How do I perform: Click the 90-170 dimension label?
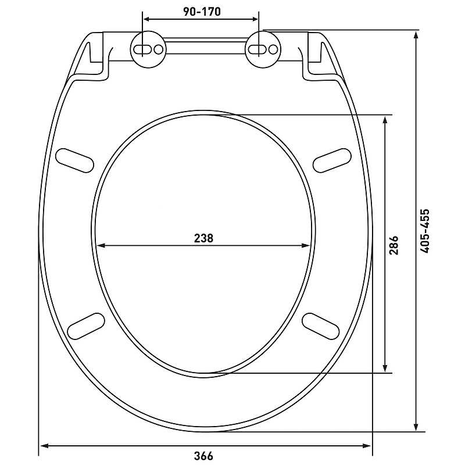pos(202,12)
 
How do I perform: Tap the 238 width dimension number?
pos(203,238)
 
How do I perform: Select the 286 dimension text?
pos(394,245)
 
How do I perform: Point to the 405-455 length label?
pos(424,231)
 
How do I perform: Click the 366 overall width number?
pos(203,456)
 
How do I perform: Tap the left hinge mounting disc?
pos(148,49)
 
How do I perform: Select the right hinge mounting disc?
pos(263,49)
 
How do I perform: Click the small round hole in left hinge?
pos(159,49)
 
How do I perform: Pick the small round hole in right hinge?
pos(273,49)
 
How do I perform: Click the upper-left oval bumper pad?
pos(75,160)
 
